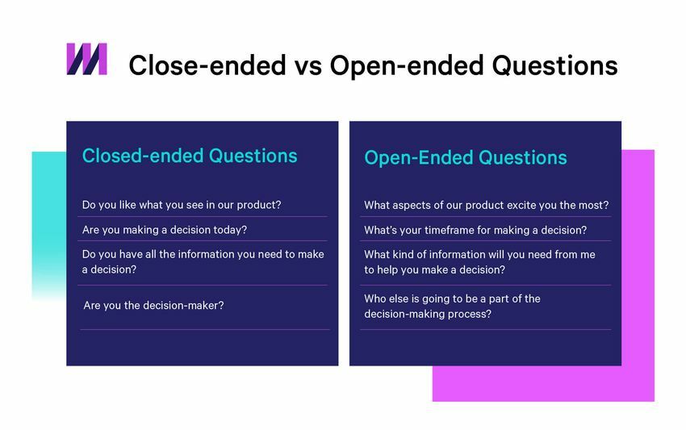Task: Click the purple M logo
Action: click(86, 59)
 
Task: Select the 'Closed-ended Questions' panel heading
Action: click(190, 156)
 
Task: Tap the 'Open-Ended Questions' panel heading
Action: click(465, 158)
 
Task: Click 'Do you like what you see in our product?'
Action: click(182, 205)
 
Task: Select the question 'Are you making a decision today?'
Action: click(164, 230)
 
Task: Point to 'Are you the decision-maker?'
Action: click(153, 306)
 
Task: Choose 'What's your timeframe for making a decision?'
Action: click(475, 230)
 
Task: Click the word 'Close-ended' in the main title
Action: click(207, 65)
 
